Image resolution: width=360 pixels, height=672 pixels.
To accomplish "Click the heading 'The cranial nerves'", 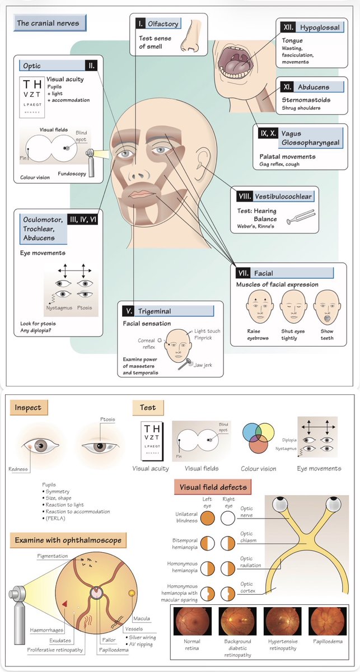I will point(48,24).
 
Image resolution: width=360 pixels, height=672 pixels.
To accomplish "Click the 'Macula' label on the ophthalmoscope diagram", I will point(141,618).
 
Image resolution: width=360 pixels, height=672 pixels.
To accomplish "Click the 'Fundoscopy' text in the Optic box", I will point(72,174).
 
